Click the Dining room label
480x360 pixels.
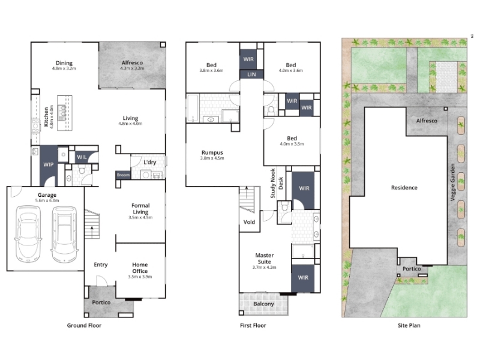pyautogui.click(x=64, y=63)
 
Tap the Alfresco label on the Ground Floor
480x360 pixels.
pyautogui.click(x=132, y=62)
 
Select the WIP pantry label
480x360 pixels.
pyautogui.click(x=49, y=164)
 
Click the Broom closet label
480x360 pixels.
pyautogui.click(x=124, y=175)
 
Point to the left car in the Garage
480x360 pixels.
pyautogui.click(x=28, y=234)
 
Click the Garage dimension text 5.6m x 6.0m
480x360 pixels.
pyautogui.click(x=47, y=200)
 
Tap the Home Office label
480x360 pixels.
pyautogui.click(x=140, y=268)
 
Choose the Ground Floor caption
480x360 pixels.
pyautogui.click(x=84, y=325)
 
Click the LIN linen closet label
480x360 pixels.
pyautogui.click(x=251, y=74)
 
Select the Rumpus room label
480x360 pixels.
pyautogui.click(x=212, y=152)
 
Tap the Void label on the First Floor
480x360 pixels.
pyautogui.click(x=249, y=222)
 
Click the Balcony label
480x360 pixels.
pyautogui.click(x=263, y=304)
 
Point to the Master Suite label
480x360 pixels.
pyautogui.click(x=265, y=259)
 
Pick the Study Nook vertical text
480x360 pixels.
pyautogui.click(x=273, y=184)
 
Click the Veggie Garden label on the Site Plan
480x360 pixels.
pyautogui.click(x=453, y=182)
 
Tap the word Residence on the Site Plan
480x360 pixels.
pyautogui.click(x=404, y=188)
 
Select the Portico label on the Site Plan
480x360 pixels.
pyautogui.click(x=412, y=269)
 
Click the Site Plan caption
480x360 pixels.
pyautogui.click(x=409, y=325)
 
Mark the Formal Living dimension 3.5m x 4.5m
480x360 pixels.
pyautogui.click(x=140, y=217)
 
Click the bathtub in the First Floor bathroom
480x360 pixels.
pyautogui.click(x=193, y=108)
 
